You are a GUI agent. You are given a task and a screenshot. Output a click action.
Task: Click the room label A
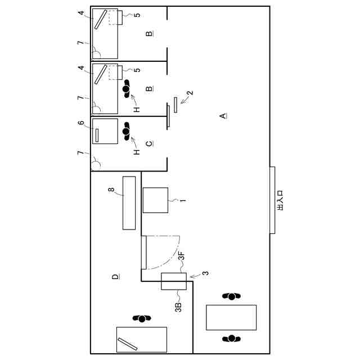click(223, 116)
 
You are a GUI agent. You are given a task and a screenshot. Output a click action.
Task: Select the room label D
click(115, 277)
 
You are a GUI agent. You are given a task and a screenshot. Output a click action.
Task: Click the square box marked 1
click(156, 200)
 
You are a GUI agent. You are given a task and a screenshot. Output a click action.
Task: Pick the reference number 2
click(190, 94)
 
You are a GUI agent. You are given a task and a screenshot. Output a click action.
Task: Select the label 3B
click(178, 307)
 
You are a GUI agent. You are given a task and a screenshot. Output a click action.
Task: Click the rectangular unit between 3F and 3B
click(173, 281)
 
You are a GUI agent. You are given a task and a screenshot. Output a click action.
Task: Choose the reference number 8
click(112, 191)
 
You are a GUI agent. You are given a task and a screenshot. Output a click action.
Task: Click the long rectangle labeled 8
click(129, 202)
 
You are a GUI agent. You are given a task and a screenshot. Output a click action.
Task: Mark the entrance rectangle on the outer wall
click(272, 200)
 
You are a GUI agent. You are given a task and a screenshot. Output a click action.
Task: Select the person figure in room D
click(142, 318)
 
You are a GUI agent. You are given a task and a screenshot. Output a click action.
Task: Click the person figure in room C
click(126, 133)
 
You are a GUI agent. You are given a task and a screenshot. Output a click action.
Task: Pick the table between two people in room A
click(231, 317)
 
